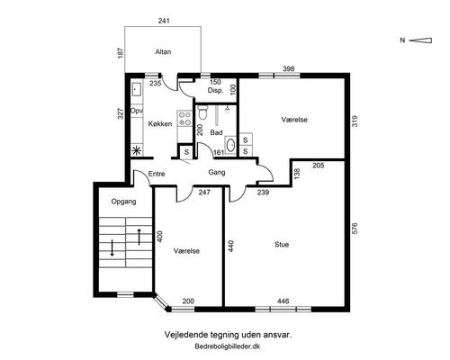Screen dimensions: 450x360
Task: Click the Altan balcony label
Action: (163, 52)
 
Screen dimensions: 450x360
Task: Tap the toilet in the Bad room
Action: (203, 112)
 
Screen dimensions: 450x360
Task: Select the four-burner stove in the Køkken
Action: (184, 119)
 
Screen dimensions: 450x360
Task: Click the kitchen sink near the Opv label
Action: (137, 89)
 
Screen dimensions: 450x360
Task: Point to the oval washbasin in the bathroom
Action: (230, 145)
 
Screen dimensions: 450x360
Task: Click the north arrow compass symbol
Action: (420, 40)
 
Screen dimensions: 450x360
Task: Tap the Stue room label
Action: (282, 245)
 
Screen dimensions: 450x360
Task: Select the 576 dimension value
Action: (355, 229)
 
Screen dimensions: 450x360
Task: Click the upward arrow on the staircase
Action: (139, 237)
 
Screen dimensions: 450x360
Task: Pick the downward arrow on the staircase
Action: (112, 247)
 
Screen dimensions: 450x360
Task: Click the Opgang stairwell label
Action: (123, 202)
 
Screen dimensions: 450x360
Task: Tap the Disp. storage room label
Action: (215, 90)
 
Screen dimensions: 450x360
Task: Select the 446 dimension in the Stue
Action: (283, 301)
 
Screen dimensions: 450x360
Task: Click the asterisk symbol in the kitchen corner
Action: (137, 150)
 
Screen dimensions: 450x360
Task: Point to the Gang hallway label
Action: (217, 173)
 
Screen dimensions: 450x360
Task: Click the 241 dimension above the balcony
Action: (164, 21)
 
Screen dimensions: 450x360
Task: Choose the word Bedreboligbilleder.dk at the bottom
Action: (228, 346)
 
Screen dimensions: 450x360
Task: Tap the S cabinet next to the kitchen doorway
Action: (186, 152)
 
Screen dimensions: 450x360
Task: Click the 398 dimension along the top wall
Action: (289, 68)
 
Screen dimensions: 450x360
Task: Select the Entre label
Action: (157, 174)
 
